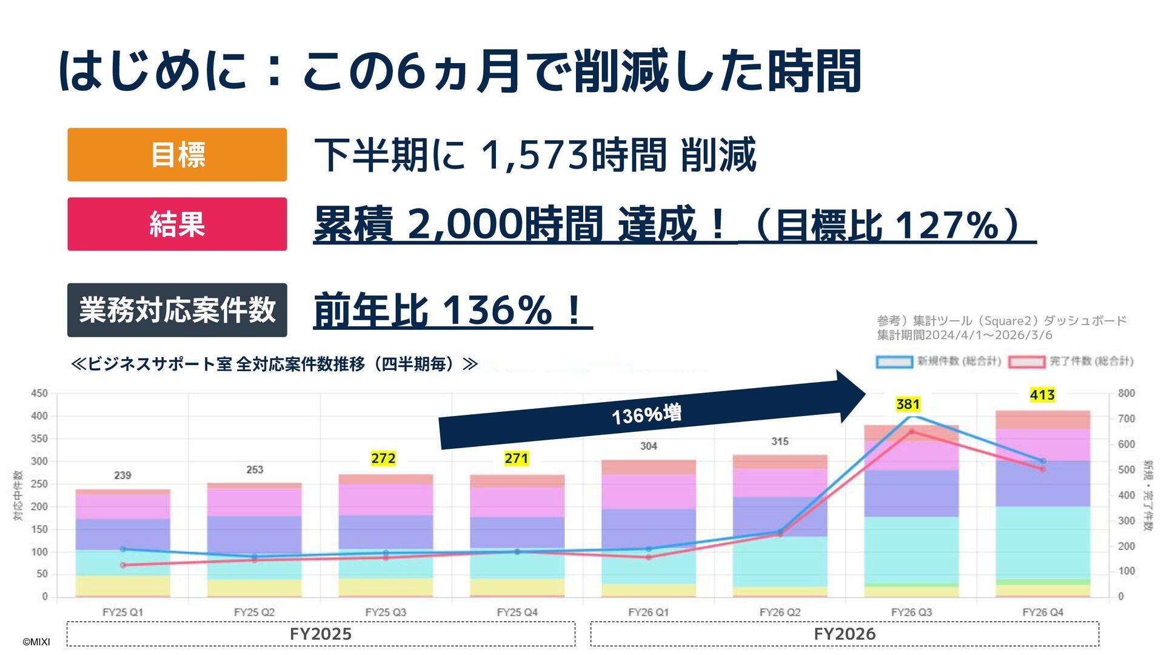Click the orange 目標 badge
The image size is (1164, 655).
(177, 155)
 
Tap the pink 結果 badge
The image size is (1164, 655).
(177, 224)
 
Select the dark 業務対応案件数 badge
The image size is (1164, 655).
(177, 310)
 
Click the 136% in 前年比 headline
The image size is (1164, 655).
(497, 311)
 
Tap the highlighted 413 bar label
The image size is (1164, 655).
(1042, 395)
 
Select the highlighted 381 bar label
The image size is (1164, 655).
(908, 404)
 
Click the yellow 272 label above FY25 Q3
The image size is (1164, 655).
(383, 458)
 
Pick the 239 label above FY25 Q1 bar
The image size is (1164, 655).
(122, 475)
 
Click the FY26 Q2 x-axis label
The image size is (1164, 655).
(780, 613)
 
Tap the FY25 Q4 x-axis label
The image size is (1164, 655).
(517, 613)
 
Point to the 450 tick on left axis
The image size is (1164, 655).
(39, 394)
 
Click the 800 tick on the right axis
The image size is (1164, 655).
(1126, 394)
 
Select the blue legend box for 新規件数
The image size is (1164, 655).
(894, 362)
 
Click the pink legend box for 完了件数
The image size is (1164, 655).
(1026, 362)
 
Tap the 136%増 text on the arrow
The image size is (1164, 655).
(646, 415)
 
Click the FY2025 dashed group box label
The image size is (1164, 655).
(321, 634)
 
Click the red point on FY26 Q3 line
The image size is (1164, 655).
(912, 431)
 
